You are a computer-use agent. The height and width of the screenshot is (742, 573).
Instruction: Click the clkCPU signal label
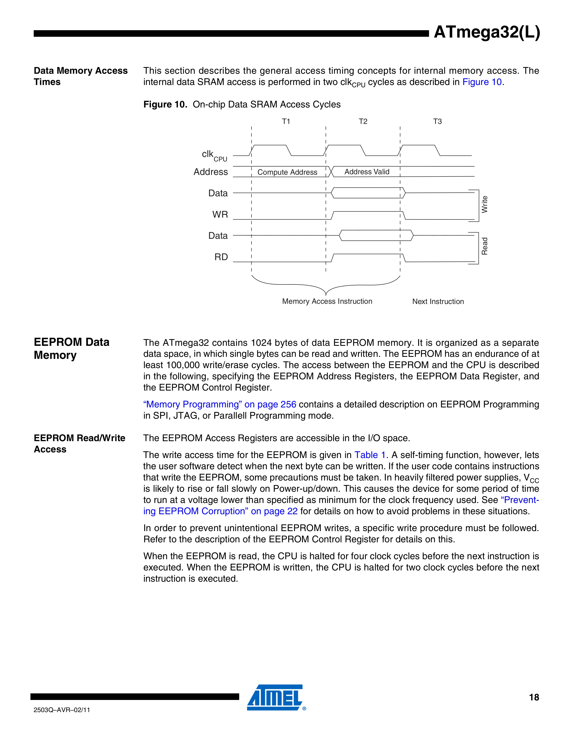pyautogui.click(x=214, y=156)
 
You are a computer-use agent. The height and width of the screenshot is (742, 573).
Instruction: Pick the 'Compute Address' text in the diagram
pyautogui.click(x=287, y=172)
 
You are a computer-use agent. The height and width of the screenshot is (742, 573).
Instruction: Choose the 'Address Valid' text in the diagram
pyautogui.click(x=367, y=172)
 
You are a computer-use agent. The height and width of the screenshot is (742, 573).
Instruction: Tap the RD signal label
pyautogui.click(x=221, y=257)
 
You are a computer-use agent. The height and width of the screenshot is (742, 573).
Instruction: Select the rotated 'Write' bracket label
pyautogui.click(x=484, y=205)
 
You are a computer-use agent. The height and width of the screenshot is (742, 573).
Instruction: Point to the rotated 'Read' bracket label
pyautogui.click(x=484, y=246)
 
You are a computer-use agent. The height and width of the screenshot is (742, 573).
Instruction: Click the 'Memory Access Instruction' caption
pyautogui.click(x=327, y=301)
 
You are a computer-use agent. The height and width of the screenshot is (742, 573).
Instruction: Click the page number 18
pyautogui.click(x=534, y=697)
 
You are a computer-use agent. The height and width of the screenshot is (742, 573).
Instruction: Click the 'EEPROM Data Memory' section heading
pyautogui.click(x=72, y=349)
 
